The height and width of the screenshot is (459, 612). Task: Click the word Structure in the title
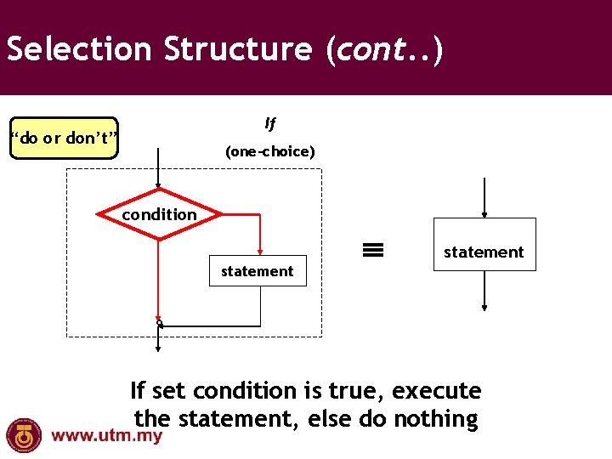coord(238,50)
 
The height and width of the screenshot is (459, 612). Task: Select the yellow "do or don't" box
coord(64,139)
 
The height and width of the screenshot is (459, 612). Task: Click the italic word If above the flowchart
coord(270,124)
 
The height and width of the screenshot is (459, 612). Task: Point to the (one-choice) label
coord(269,152)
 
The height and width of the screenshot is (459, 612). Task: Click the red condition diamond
coord(159,214)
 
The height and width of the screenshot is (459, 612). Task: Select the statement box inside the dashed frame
coord(257,271)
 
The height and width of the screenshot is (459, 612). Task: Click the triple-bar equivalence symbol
coord(373,250)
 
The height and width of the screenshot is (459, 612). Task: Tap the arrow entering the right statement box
coord(484,199)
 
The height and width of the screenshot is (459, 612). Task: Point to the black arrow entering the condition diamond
coord(159,170)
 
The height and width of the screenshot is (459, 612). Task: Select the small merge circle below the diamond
coord(159,324)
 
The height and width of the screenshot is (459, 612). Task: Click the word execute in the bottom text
coord(438,391)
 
